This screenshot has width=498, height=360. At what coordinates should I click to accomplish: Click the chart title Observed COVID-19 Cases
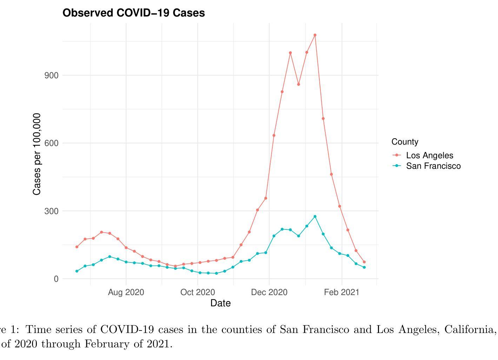click(133, 13)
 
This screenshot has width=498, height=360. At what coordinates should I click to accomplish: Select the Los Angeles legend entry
click(429, 155)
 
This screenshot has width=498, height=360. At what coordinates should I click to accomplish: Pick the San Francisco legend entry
click(433, 166)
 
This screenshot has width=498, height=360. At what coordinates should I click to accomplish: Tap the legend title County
click(405, 142)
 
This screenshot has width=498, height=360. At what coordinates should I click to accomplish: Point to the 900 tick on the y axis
click(51, 75)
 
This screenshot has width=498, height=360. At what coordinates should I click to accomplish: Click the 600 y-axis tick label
click(51, 143)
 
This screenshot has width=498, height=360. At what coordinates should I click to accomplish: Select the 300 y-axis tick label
click(51, 211)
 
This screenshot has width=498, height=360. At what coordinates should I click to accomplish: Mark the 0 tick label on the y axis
click(56, 279)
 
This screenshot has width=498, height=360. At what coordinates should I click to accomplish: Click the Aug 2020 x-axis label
click(126, 292)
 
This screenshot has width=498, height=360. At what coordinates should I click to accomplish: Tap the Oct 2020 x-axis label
click(198, 292)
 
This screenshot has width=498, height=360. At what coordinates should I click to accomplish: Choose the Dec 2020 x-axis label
click(269, 292)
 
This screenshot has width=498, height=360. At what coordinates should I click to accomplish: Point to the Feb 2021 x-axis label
click(341, 292)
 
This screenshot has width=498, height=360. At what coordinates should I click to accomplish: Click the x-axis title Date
click(220, 303)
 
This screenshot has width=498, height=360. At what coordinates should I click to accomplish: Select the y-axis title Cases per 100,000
click(37, 154)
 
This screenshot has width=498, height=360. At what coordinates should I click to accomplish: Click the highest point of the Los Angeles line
click(315, 35)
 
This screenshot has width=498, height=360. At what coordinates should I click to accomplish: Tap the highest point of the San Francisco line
click(315, 216)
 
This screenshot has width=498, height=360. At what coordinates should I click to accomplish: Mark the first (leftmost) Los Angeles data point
click(77, 247)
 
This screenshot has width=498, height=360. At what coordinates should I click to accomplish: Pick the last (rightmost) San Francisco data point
click(364, 267)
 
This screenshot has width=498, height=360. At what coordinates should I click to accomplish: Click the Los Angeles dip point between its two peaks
click(299, 84)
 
